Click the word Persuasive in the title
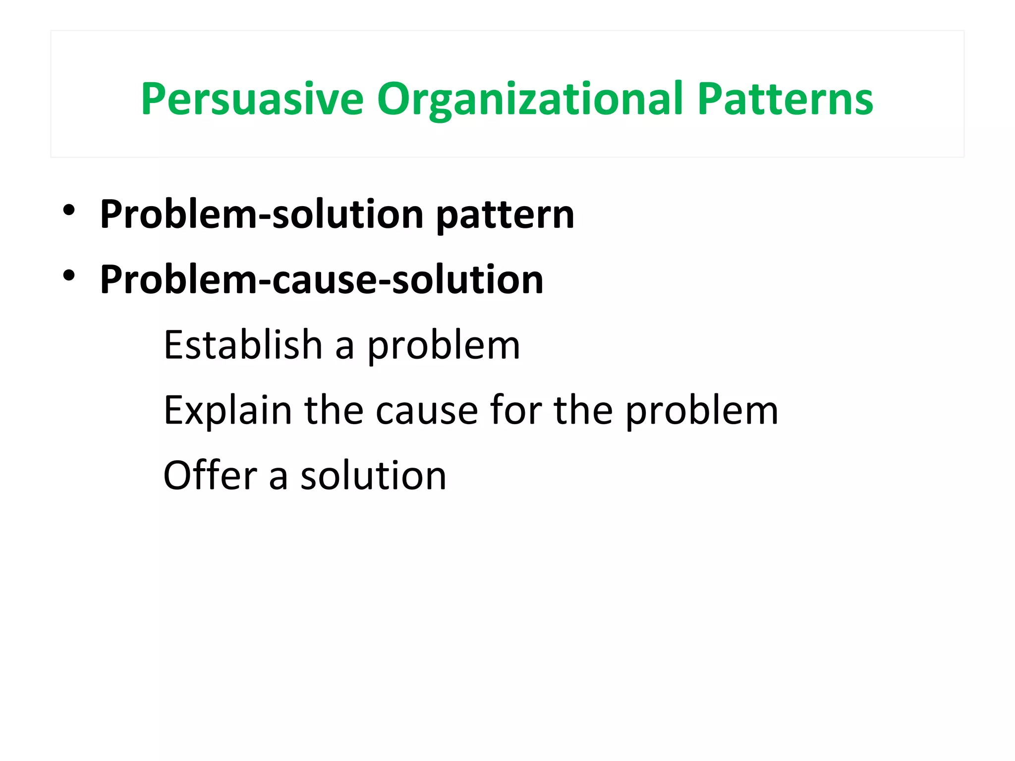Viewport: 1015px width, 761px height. pos(252,99)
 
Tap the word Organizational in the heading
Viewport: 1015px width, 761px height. pos(530,99)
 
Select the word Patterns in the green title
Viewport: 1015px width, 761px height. pos(785,99)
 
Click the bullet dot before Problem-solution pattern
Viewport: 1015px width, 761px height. pos(69,210)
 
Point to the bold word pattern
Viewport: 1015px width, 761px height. pos(505,215)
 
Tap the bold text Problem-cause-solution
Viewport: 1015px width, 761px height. pos(322,279)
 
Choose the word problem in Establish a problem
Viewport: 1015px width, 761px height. pos(444,347)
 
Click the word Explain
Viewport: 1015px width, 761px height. pos(228,411)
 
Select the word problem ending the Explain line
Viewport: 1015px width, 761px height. pos(702,412)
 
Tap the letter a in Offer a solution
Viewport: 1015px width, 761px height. pos(279,478)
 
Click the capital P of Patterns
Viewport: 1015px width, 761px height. pos(708,99)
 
